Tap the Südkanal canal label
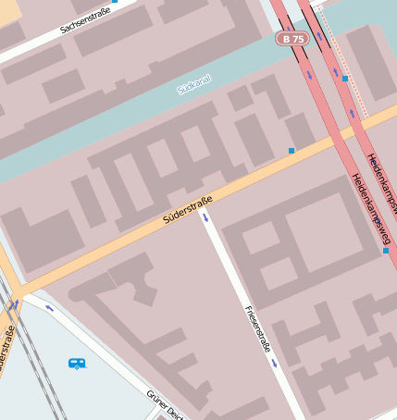(x=194, y=85)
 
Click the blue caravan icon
(x=77, y=364)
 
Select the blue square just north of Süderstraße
(x=292, y=150)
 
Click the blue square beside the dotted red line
(x=344, y=79)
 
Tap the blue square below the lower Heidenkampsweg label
(x=385, y=250)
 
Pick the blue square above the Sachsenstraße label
(x=115, y=2)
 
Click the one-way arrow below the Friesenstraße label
(x=274, y=363)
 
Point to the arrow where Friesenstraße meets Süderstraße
(x=205, y=218)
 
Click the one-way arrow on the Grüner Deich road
(x=48, y=308)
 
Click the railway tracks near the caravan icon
(x=37, y=370)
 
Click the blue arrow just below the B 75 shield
(x=310, y=71)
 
